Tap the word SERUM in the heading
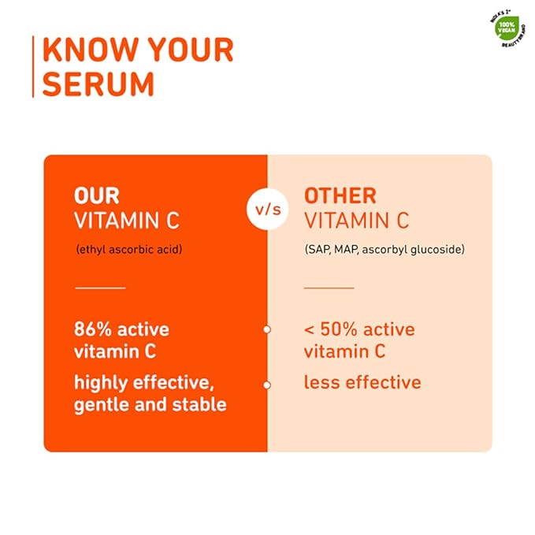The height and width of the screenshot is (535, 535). click(98, 84)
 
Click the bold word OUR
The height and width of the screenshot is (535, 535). click(98, 195)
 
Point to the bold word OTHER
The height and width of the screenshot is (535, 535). click(340, 195)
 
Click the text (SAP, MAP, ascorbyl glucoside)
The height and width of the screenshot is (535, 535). click(385, 249)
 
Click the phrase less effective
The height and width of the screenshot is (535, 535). click(362, 383)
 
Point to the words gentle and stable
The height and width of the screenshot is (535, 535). click(150, 405)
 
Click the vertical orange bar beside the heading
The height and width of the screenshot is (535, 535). click(33, 66)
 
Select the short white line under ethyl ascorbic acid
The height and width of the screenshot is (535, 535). click(100, 288)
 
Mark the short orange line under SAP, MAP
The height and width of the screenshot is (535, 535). click(329, 288)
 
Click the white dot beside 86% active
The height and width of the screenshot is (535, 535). click(267, 329)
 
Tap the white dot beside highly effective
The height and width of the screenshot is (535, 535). click(267, 385)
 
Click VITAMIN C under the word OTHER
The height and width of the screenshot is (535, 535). click(356, 221)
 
